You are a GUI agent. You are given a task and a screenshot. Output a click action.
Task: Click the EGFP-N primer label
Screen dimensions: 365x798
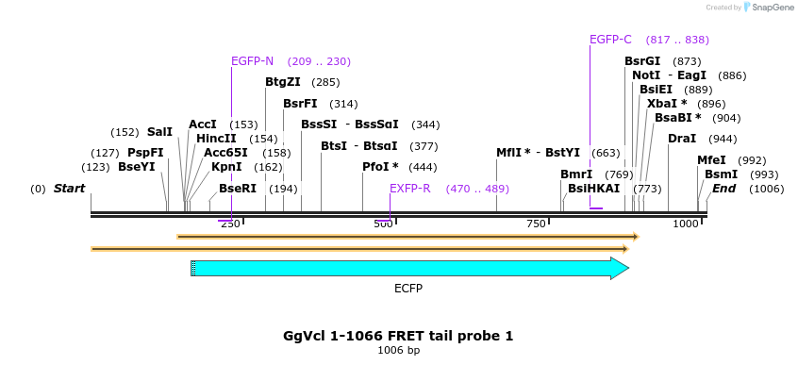tap(252, 61)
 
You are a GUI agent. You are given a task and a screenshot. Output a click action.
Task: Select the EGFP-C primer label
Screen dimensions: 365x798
tap(610, 40)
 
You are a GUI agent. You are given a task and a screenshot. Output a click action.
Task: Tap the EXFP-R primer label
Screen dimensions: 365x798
tap(410, 189)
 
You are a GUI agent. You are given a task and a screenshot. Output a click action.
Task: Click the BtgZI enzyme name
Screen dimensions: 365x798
tap(283, 82)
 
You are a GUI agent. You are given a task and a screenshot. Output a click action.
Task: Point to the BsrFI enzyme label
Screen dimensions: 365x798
tap(300, 104)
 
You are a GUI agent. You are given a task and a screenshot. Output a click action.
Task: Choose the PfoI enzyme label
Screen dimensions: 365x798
tap(380, 167)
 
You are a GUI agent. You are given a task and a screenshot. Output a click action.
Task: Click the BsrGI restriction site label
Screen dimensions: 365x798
tap(642, 61)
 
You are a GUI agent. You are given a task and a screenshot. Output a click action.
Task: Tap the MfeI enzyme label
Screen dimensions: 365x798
tap(711, 160)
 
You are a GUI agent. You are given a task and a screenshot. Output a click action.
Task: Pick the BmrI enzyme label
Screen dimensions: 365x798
tap(576, 174)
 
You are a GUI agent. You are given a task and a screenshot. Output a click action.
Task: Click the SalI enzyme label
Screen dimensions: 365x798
tap(159, 132)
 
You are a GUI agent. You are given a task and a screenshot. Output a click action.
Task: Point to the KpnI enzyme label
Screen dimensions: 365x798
tap(226, 167)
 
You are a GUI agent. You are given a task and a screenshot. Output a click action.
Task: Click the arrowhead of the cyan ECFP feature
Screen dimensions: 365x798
tap(620, 269)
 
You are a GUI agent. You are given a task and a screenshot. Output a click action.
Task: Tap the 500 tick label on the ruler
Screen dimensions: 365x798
tap(383, 224)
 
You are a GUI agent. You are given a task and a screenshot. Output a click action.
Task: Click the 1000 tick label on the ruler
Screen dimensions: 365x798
tap(686, 224)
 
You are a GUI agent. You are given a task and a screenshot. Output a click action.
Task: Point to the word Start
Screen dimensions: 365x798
tap(69, 189)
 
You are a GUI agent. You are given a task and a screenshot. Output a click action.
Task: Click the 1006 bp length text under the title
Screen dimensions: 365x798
tap(398, 351)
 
